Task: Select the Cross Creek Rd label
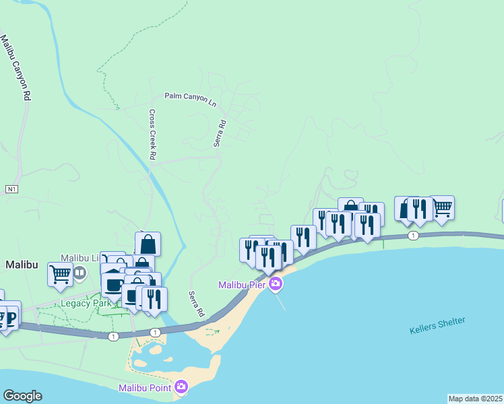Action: point(152,135)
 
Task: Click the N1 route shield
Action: point(11,189)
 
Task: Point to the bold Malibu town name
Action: point(22,265)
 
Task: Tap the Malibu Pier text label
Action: point(242,285)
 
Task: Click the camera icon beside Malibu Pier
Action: point(275,285)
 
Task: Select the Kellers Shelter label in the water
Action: point(437,326)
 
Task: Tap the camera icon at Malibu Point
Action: point(181,387)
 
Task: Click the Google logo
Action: point(22,396)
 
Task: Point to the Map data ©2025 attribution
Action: point(476,399)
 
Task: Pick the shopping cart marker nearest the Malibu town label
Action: point(60,274)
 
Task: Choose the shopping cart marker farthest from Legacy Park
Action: point(441,207)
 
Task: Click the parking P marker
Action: point(9,314)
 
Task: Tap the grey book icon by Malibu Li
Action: point(80,273)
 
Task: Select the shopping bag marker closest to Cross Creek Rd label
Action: point(148,243)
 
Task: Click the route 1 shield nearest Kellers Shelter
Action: point(413,236)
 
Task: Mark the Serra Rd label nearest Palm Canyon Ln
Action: point(220,133)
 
